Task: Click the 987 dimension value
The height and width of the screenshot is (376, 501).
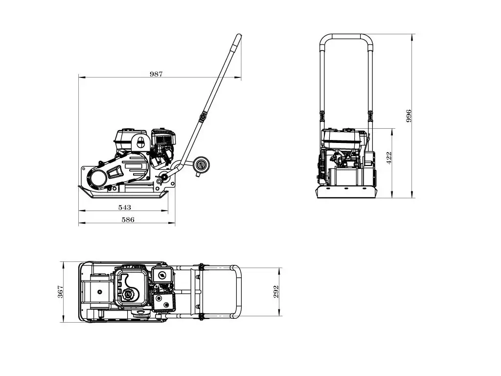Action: point(156,74)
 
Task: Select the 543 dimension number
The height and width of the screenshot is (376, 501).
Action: point(125,208)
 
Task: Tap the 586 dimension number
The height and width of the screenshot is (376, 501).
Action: point(128,220)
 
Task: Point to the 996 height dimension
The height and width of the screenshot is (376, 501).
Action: point(409,116)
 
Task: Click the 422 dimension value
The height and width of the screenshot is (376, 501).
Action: point(389,158)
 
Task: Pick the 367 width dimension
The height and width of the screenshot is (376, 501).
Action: point(60,292)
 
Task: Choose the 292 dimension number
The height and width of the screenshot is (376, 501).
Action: point(276,292)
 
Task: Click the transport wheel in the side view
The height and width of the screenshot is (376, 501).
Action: point(201,165)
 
